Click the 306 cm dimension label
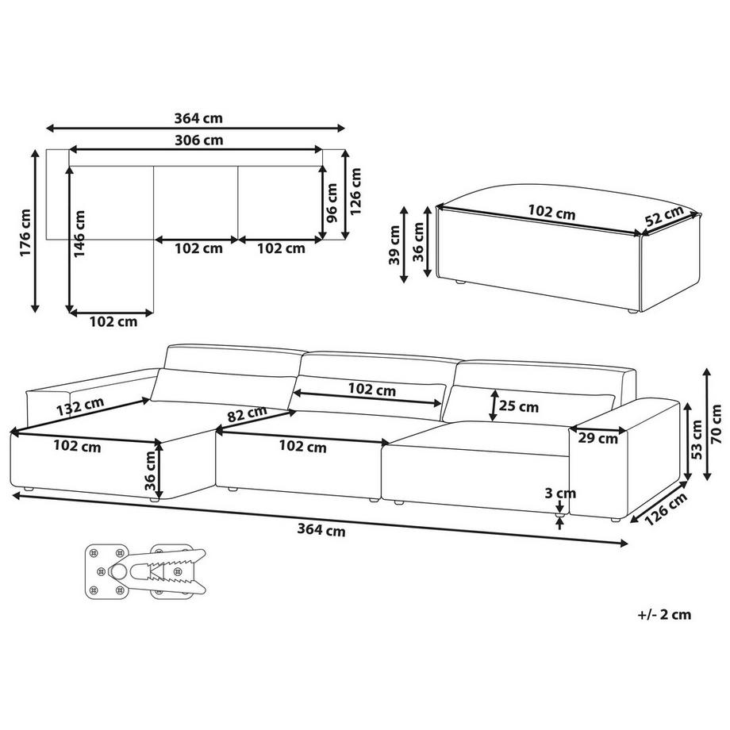click(x=199, y=140)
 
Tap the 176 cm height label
click(x=25, y=232)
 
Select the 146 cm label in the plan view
click(x=79, y=234)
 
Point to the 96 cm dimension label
click(x=332, y=203)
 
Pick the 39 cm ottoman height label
click(x=395, y=245)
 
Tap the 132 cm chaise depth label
click(x=80, y=407)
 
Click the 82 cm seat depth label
click(x=247, y=413)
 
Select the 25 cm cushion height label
click(x=519, y=406)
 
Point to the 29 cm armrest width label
click(x=597, y=438)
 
